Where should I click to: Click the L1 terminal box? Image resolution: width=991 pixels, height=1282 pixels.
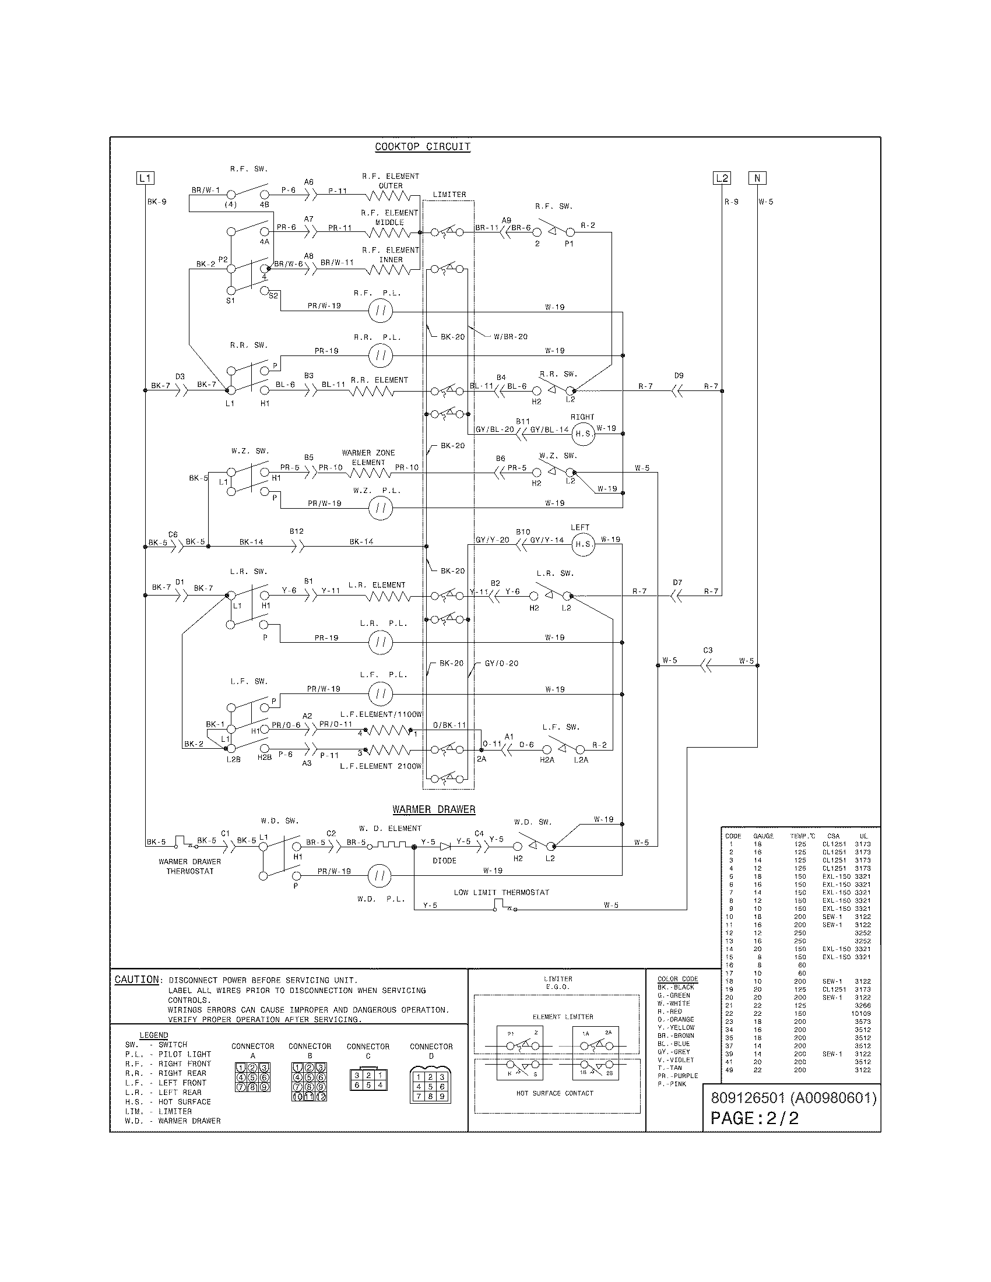coord(145,178)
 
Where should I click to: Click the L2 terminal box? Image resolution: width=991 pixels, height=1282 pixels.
coord(722,178)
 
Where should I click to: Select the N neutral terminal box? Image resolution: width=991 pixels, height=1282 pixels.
coord(757,178)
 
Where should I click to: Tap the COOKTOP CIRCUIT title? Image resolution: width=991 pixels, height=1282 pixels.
coord(423,147)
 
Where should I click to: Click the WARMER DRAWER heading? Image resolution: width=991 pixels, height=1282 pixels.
coord(434,809)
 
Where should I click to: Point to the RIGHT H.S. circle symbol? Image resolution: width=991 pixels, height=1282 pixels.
coord(583,434)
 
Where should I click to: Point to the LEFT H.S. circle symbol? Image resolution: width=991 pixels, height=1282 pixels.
coord(583,544)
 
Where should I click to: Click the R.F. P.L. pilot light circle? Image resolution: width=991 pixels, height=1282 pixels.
coord(381,311)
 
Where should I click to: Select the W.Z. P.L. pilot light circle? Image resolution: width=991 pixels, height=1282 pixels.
coord(381,508)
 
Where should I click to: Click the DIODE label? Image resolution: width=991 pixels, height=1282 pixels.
coord(444,861)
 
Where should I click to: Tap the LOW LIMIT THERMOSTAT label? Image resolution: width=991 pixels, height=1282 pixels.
coord(501,892)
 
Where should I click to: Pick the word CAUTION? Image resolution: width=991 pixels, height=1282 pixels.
coord(137,980)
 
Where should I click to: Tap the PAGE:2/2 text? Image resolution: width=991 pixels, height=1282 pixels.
coord(754,1118)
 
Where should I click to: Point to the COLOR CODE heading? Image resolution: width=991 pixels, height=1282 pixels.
coord(677,978)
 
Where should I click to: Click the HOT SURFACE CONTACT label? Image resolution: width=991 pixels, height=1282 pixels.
coord(555,1093)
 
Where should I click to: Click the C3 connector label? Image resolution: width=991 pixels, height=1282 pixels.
coord(708,650)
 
